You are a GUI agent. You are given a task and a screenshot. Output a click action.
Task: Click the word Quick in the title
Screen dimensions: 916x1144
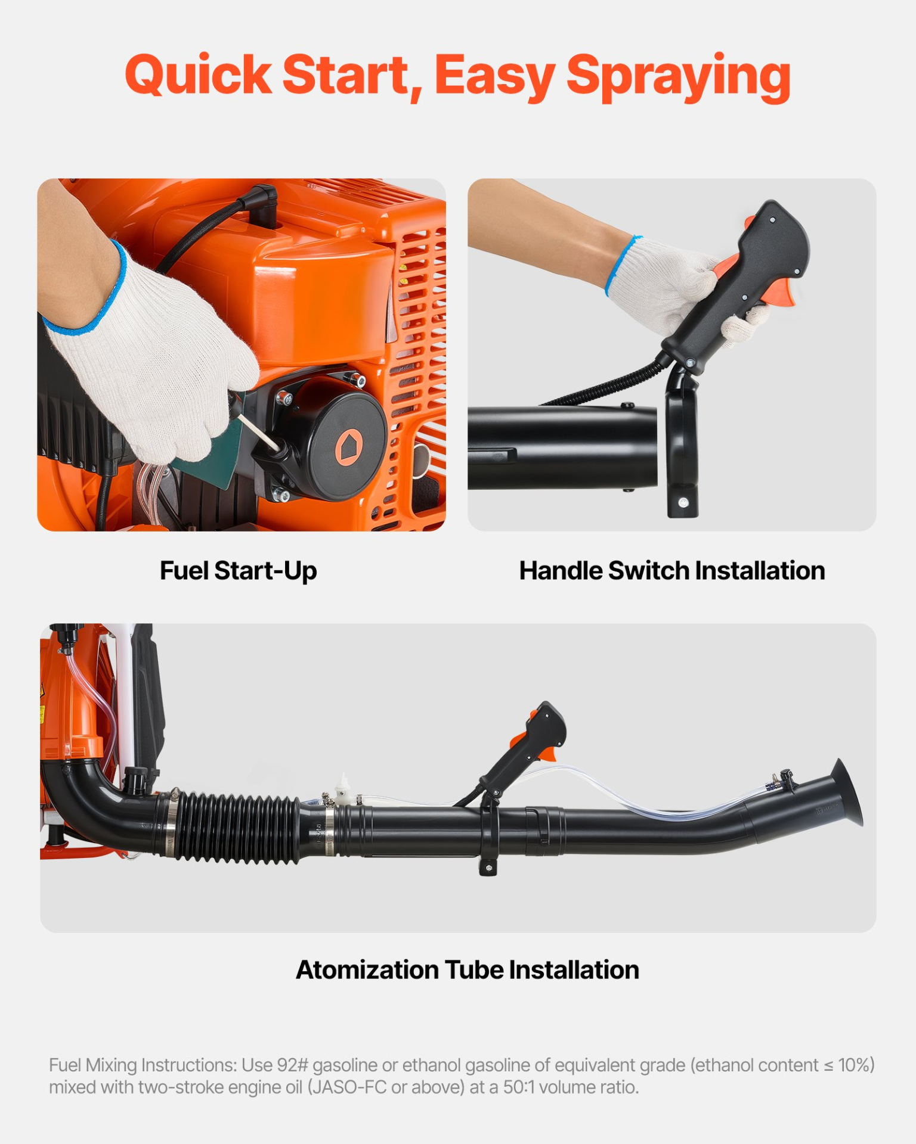tap(199, 75)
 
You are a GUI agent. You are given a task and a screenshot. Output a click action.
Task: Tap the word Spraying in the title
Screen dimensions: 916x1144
tap(678, 77)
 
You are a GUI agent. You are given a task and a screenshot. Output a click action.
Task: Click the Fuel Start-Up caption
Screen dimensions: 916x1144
tap(238, 571)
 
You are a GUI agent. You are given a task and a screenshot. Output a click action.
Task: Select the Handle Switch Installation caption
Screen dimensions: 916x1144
tap(672, 571)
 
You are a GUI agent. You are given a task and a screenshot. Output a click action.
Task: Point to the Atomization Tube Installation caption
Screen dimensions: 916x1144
tap(468, 970)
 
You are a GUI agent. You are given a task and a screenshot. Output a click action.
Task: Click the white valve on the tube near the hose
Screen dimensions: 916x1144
tap(342, 788)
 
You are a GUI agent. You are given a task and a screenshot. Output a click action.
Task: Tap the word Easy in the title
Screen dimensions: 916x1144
tap(494, 77)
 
